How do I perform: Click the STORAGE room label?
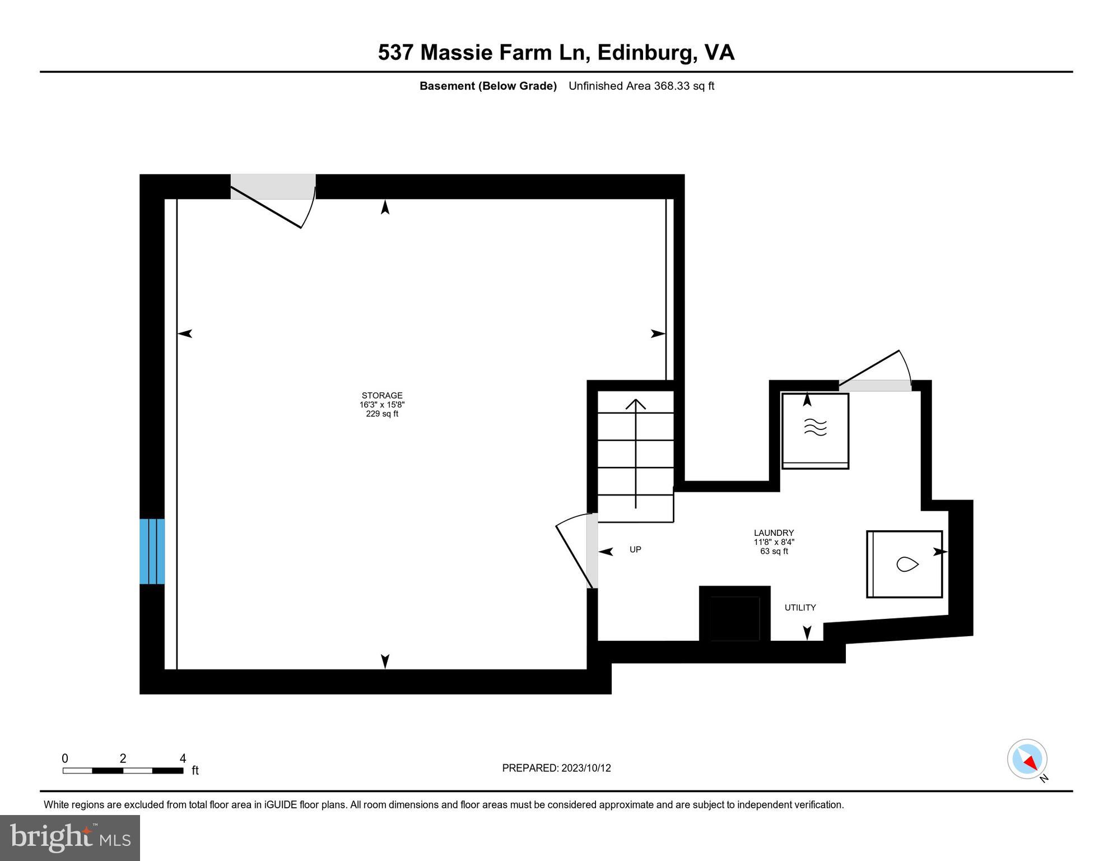[x=382, y=396]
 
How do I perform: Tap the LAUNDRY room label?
[x=774, y=533]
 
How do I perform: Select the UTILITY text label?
[x=800, y=608]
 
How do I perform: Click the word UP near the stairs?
[x=635, y=550]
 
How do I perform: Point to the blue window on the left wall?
[x=152, y=552]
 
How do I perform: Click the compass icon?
[x=1027, y=759]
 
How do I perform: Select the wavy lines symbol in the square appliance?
[x=815, y=428]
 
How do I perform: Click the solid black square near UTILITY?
[x=734, y=614]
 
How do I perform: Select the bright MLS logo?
[x=70, y=838]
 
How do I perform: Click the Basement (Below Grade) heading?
[x=488, y=86]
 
